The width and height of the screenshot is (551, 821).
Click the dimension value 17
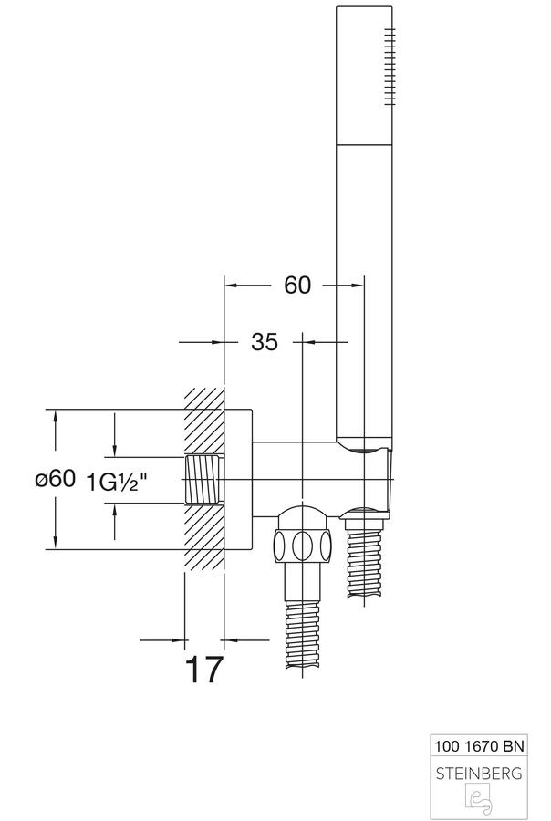(204, 669)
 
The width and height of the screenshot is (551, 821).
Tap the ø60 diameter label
(56, 478)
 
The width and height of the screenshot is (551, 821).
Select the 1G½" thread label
(115, 482)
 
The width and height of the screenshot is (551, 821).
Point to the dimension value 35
(265, 342)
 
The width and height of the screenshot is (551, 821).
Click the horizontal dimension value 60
(297, 286)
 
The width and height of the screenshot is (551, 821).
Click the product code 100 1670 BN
(479, 745)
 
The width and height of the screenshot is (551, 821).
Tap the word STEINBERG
(479, 773)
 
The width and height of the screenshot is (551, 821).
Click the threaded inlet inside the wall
(203, 480)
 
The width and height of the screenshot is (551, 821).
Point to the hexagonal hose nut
(301, 546)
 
